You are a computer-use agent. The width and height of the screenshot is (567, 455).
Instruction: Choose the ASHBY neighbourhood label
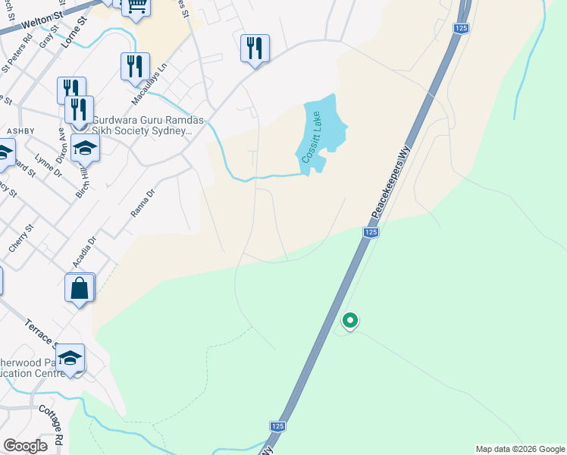pos(20,131)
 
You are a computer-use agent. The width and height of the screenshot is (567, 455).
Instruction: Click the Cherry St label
pos(20,237)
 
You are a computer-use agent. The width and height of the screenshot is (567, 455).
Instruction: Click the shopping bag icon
pos(80,288)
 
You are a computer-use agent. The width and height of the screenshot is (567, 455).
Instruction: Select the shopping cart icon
pos(136,7)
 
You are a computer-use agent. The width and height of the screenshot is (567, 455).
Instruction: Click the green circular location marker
pos(349,321)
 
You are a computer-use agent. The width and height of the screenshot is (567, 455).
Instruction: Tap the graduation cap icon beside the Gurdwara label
pos(85,147)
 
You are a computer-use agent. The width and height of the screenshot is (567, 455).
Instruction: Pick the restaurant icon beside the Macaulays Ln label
pos(135,66)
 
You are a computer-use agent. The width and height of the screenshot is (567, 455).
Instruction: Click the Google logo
pos(25,446)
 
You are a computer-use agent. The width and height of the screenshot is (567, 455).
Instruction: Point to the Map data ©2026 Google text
pos(520,449)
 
